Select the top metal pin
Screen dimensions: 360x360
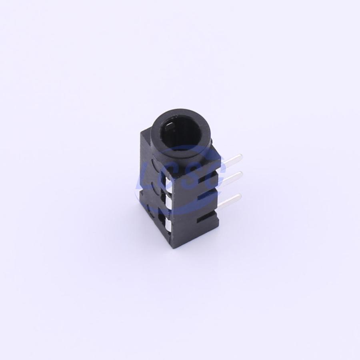pos(232,159)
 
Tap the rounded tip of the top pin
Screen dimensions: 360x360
pos(241,156)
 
